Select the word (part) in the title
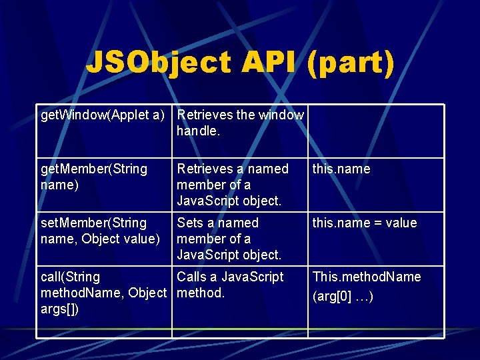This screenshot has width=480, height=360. (351, 63)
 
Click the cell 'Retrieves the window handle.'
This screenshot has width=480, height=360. (240, 123)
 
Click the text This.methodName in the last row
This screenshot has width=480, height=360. (367, 277)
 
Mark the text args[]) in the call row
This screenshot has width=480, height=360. (60, 309)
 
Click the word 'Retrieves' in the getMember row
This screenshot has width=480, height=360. (205, 169)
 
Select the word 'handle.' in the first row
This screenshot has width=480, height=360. (198, 131)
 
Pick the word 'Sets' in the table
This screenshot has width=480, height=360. (191, 223)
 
